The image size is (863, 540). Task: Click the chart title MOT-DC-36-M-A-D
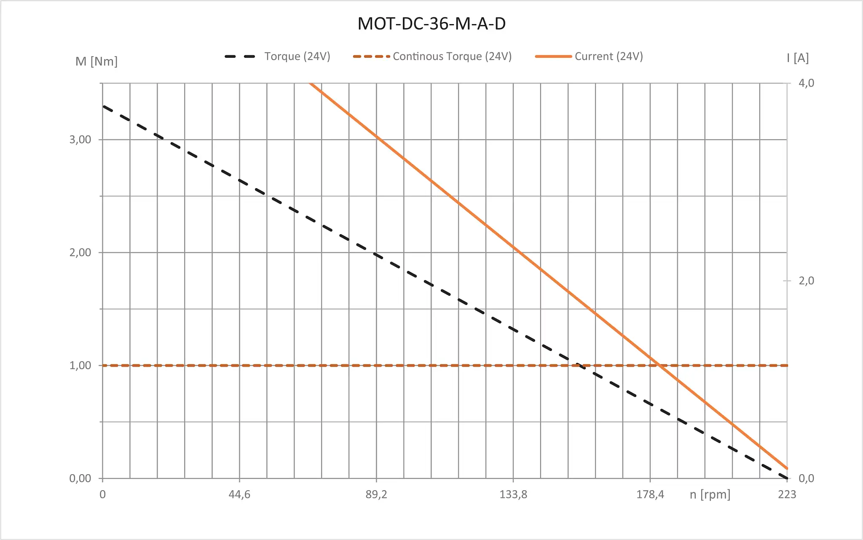(431, 24)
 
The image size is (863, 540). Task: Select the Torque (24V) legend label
(297, 57)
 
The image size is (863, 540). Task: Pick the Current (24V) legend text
(608, 57)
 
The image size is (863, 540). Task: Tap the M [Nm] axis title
(96, 62)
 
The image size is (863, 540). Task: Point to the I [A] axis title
(798, 58)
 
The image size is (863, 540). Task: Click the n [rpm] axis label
(710, 494)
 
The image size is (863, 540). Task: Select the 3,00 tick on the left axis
(80, 140)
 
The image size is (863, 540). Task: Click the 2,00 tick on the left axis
(80, 253)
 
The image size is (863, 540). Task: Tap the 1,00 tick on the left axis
(80, 365)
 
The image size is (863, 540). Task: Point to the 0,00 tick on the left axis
(80, 478)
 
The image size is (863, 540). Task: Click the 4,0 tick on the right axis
(806, 83)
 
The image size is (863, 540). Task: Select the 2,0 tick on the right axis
(806, 281)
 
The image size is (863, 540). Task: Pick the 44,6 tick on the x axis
(239, 494)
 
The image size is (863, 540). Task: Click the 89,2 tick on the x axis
(376, 494)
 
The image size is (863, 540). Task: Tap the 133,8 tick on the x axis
(513, 494)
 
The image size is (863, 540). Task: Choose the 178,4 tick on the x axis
(650, 494)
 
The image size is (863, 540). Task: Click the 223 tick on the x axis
(787, 494)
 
